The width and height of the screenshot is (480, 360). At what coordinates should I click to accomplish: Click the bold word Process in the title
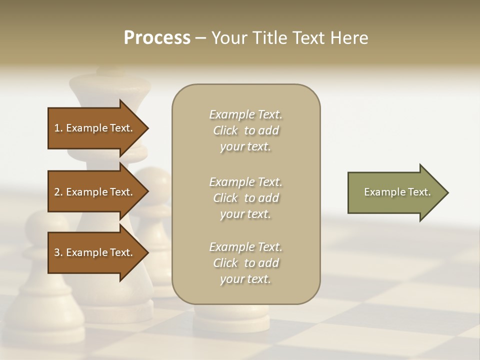pos(157,38)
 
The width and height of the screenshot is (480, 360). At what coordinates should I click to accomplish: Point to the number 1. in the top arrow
pos(58,128)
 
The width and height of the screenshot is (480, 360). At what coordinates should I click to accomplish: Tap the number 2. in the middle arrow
pos(58,192)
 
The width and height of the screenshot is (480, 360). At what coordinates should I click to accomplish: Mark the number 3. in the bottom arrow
pos(58,252)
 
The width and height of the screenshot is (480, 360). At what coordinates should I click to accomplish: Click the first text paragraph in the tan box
pos(246,130)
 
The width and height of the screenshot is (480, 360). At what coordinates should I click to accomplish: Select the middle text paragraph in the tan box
pos(246,198)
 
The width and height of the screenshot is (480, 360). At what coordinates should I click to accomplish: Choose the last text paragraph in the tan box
pos(246,263)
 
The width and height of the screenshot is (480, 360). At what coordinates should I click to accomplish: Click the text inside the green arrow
pos(397,192)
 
